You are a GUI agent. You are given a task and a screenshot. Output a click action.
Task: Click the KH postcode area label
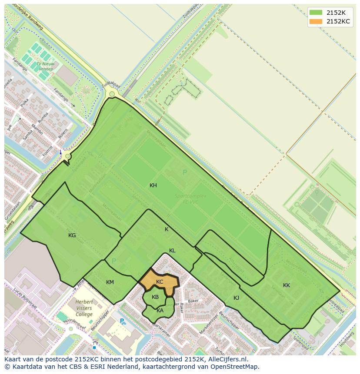153,185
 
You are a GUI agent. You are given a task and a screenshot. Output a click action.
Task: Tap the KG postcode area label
72,235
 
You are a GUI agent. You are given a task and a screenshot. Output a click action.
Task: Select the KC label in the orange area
160,282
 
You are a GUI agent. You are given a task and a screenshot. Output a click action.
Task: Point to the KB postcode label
155,297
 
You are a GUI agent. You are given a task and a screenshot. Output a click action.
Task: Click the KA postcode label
160,310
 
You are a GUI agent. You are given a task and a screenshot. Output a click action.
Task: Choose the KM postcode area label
110,282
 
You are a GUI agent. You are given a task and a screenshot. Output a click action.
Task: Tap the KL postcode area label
172,251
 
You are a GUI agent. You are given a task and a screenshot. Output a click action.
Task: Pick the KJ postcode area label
236,298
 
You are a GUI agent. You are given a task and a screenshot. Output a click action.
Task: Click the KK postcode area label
287,285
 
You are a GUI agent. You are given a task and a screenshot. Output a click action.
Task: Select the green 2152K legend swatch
316,13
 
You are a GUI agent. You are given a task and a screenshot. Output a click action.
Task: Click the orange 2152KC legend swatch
316,21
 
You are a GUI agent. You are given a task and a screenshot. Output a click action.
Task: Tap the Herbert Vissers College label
83,308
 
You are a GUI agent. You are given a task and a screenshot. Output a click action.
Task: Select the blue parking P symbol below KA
123,322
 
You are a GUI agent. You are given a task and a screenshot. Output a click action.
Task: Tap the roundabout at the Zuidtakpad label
112,94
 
